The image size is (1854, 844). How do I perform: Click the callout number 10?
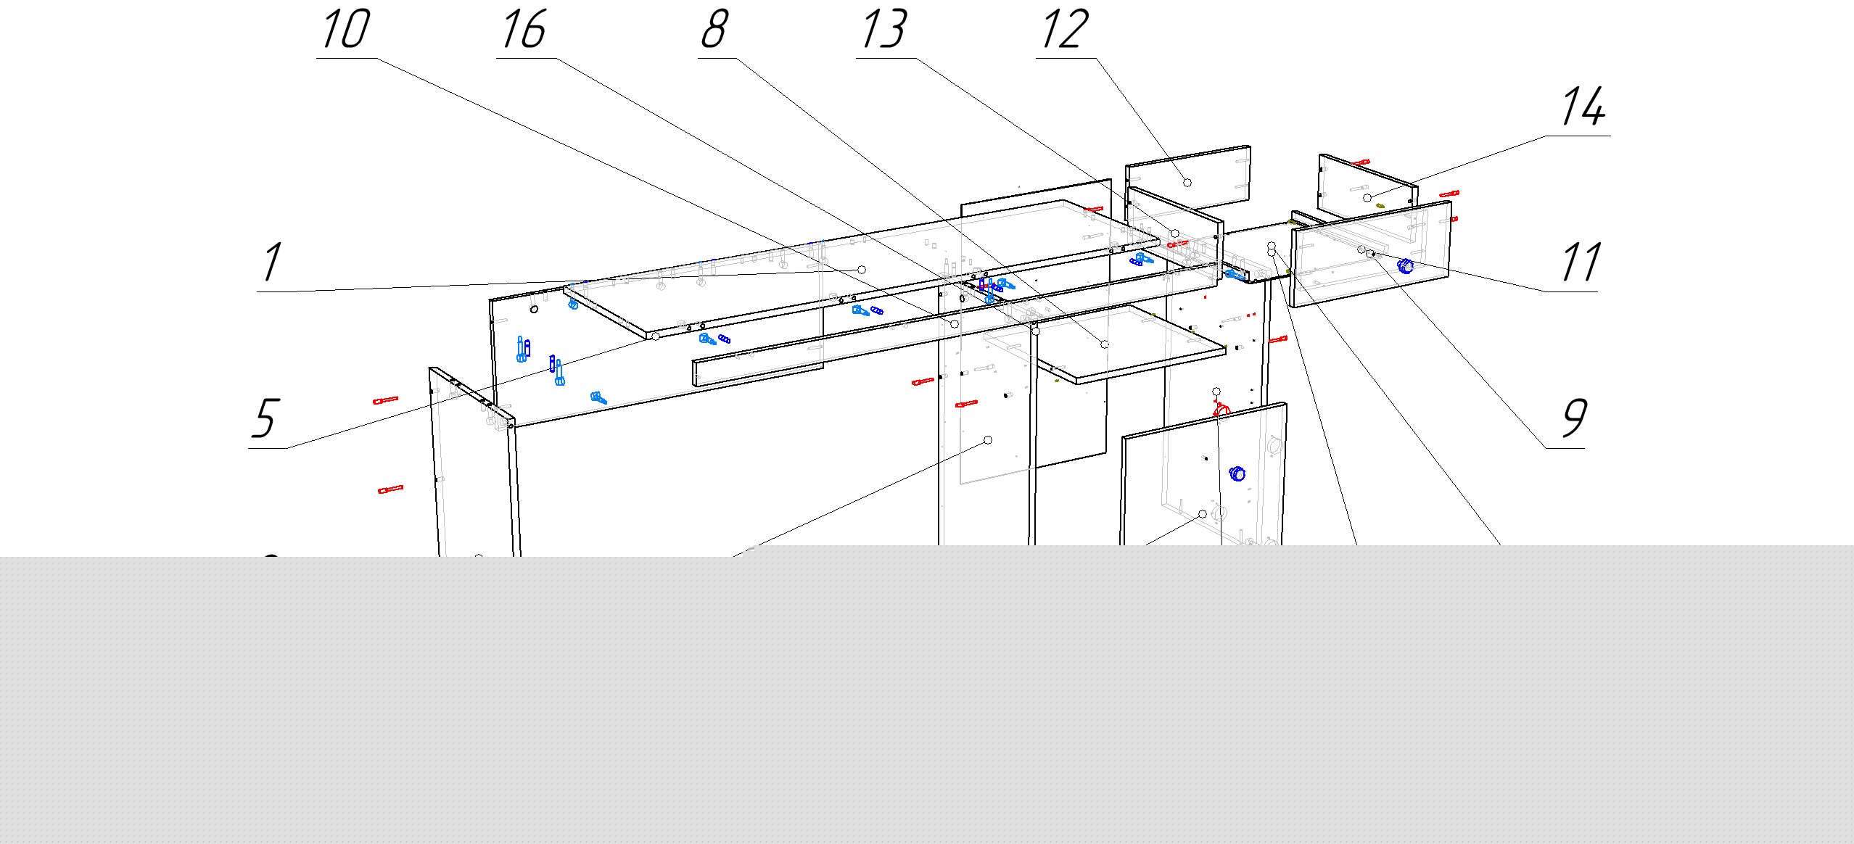(x=345, y=29)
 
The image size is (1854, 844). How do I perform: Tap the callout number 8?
(x=714, y=29)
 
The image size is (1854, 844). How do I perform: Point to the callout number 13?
(x=884, y=29)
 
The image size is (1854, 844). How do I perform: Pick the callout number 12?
(x=1064, y=29)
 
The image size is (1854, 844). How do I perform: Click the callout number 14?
(x=1583, y=106)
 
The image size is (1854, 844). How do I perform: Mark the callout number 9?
(x=1574, y=418)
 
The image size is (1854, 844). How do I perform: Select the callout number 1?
(x=272, y=262)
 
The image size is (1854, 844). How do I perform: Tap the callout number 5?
(x=265, y=418)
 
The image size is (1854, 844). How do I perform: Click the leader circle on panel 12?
(x=1187, y=182)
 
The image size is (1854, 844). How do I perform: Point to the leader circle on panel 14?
(x=1367, y=197)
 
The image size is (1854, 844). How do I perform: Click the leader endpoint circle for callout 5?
(x=656, y=336)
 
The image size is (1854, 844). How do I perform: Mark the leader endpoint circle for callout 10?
(x=955, y=324)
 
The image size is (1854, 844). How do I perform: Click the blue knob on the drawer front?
(x=1406, y=266)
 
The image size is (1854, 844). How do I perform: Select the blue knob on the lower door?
(x=1237, y=474)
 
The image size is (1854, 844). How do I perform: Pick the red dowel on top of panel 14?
(x=1361, y=162)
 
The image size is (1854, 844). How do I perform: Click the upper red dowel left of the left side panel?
(x=386, y=400)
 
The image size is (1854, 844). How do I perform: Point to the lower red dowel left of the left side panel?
(x=391, y=490)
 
